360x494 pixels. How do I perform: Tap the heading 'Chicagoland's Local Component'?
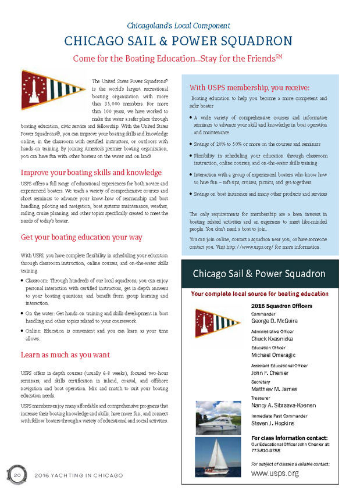point(179,26)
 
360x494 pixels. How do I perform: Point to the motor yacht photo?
point(219,418)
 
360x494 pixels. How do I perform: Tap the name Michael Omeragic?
point(275,355)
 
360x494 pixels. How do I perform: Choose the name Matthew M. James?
point(275,389)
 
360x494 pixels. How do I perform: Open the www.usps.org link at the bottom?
point(275,474)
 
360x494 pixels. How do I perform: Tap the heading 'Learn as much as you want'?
point(65,354)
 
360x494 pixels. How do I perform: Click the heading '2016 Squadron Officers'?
point(281,306)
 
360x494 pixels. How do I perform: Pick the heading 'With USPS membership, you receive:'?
point(249,88)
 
